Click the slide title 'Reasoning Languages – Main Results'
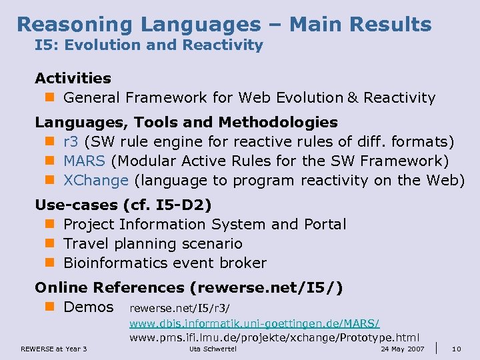(x=224, y=25)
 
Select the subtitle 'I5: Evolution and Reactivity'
(x=149, y=45)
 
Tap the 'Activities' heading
(x=73, y=78)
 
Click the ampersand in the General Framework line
(x=351, y=98)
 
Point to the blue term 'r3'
(x=71, y=141)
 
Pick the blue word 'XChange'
(x=95, y=180)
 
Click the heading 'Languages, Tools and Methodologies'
(x=186, y=122)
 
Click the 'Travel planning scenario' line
(x=153, y=243)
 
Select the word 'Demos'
(x=89, y=307)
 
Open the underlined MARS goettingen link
(x=255, y=323)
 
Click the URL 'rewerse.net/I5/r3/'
(x=179, y=308)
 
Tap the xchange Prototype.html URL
(x=274, y=337)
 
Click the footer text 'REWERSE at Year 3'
(x=54, y=349)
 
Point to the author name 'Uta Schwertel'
(x=213, y=349)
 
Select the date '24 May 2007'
(x=402, y=349)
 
